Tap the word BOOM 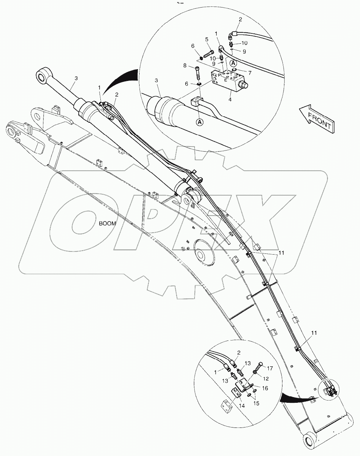(x=108, y=223)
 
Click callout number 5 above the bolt (x=207, y=39)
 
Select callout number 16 (x=265, y=388)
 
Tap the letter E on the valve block (x=226, y=80)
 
